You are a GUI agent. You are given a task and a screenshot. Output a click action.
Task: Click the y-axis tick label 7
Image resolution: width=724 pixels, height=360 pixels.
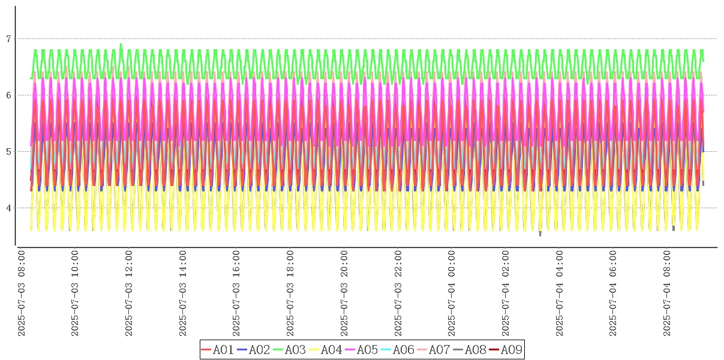click(8, 39)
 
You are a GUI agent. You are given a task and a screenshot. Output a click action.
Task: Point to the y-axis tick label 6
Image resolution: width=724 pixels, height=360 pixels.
click(8, 95)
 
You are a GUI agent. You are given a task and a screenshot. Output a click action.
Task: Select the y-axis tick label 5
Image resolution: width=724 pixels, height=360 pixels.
click(8, 152)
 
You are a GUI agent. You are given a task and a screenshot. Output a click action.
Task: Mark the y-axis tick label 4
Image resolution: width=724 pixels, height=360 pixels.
click(8, 208)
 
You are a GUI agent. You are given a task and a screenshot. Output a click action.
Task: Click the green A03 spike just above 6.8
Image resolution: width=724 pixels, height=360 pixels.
click(121, 44)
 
